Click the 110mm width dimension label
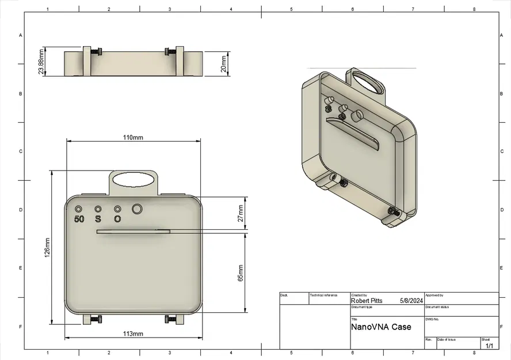click(133, 138)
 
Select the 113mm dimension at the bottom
click(133, 334)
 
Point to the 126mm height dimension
click(47, 248)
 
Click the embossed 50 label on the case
click(79, 219)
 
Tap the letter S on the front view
click(98, 219)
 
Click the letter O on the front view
click(117, 219)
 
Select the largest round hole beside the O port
click(138, 209)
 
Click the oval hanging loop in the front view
click(134, 180)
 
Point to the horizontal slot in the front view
click(134, 232)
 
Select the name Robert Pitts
click(367, 301)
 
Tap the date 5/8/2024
click(411, 301)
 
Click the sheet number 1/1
click(490, 346)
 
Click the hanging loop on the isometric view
click(369, 82)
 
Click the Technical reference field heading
click(323, 295)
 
